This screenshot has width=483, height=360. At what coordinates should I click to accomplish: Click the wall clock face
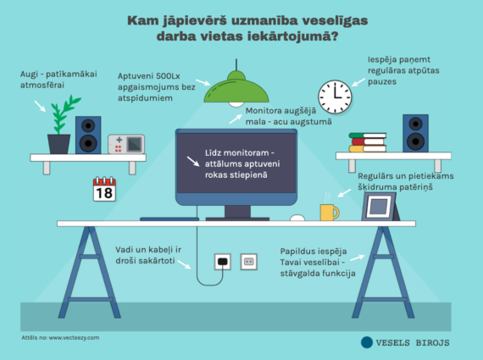335,97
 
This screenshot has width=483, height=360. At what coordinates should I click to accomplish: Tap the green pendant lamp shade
236,88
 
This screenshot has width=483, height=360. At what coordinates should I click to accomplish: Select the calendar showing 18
104,189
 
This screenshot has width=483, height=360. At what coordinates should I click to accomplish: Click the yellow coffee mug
330,212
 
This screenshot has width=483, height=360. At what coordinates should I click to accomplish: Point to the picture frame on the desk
380,207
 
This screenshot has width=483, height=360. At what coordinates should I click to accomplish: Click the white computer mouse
297,218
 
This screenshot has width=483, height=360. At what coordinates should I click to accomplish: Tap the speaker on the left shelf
88,135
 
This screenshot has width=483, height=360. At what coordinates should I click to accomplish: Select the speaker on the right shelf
415,133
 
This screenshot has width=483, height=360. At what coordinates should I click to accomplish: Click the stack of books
368,142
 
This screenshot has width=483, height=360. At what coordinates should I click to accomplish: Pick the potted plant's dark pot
58,144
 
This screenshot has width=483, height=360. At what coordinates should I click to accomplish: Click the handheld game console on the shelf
126,144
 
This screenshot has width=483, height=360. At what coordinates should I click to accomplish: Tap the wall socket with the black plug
222,262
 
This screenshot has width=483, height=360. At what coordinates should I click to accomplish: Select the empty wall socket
248,262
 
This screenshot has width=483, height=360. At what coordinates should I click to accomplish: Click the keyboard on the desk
169,219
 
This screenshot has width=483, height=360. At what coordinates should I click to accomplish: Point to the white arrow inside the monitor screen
193,162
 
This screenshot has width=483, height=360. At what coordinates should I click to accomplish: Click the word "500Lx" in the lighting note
168,76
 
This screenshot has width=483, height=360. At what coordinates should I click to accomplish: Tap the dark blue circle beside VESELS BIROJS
367,342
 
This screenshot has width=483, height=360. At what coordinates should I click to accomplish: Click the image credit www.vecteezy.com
74,337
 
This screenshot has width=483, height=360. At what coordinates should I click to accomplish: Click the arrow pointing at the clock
358,82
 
